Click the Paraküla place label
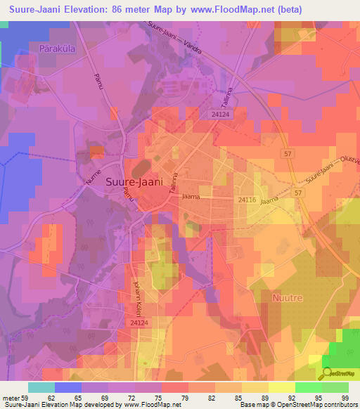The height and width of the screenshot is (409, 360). point(58,48)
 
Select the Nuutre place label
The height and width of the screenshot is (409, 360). point(286,298)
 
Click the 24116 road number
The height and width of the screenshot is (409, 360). point(246,200)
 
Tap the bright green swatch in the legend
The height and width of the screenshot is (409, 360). point(309,387)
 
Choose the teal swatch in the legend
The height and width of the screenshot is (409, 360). point(41,387)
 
